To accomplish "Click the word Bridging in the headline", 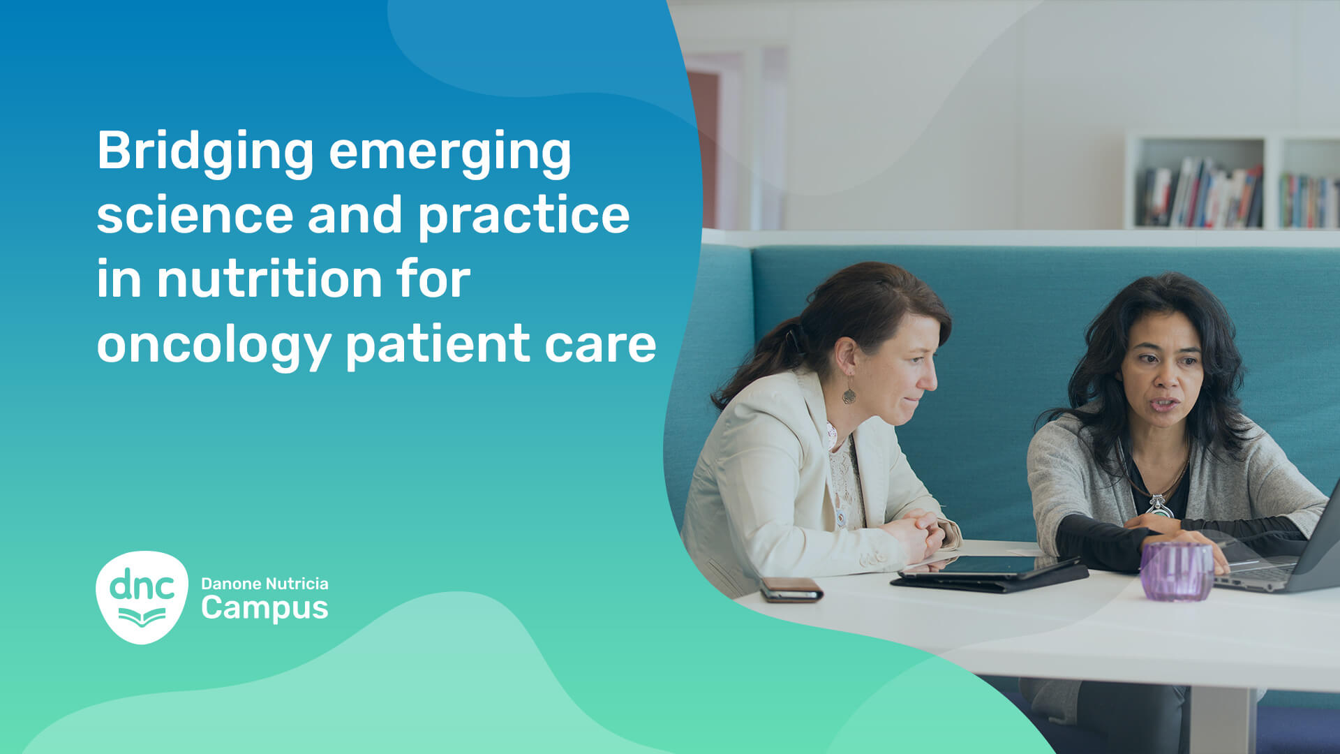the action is [x=205, y=152].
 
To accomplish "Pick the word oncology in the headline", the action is [x=214, y=345].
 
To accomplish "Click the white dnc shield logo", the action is [x=142, y=597].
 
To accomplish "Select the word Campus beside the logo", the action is [x=265, y=609].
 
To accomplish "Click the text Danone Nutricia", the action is [x=265, y=584].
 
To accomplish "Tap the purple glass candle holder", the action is [x=1177, y=571].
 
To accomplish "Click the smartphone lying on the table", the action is [x=791, y=590].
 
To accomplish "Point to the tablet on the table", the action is [x=989, y=573].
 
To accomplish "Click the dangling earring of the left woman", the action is [x=849, y=392].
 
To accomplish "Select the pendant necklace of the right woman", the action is [x=1159, y=504].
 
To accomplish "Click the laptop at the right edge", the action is [x=1284, y=552].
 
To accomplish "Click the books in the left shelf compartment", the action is [x=1201, y=193].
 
